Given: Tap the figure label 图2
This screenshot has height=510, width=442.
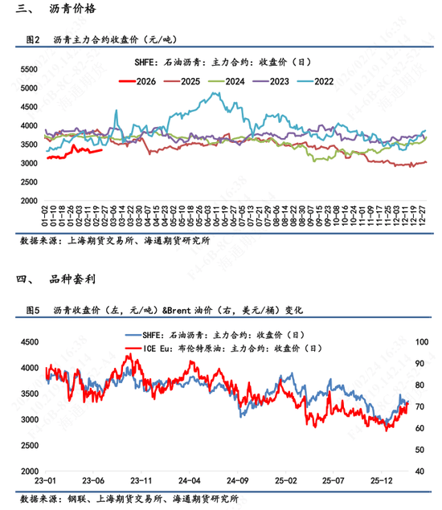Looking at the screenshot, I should point(33,39).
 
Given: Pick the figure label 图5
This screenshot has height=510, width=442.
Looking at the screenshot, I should point(33,309).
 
